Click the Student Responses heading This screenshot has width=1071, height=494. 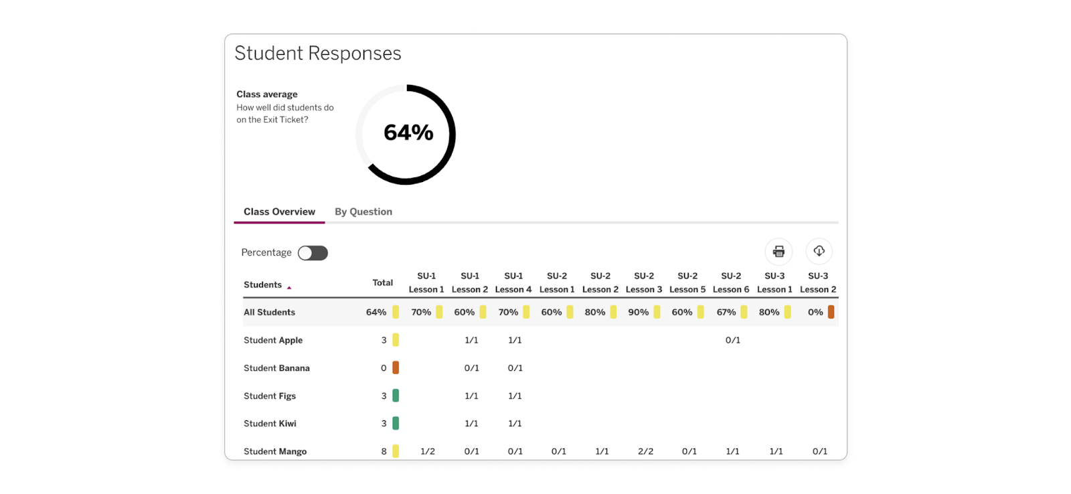317,54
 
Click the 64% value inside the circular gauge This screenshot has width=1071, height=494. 408,133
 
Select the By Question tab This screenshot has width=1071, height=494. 363,212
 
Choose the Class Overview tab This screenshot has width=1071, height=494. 279,212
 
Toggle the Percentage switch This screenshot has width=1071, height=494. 313,253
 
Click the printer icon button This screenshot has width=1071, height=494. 778,252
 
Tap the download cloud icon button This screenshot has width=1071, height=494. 819,252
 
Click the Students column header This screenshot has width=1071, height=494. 263,284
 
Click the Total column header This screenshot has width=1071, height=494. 382,282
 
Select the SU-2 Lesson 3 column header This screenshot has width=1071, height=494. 644,282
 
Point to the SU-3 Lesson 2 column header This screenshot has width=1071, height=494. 818,282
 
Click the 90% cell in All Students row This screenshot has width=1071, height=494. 638,312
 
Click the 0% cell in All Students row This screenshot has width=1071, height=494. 815,312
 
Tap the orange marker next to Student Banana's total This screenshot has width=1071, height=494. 396,367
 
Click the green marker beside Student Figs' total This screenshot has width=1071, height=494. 396,396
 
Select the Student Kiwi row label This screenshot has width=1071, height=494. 270,424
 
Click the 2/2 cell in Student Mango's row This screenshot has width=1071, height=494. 645,451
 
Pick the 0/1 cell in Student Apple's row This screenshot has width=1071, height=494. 732,340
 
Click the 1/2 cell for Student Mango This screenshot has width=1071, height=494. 427,451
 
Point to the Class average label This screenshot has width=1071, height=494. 266,94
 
